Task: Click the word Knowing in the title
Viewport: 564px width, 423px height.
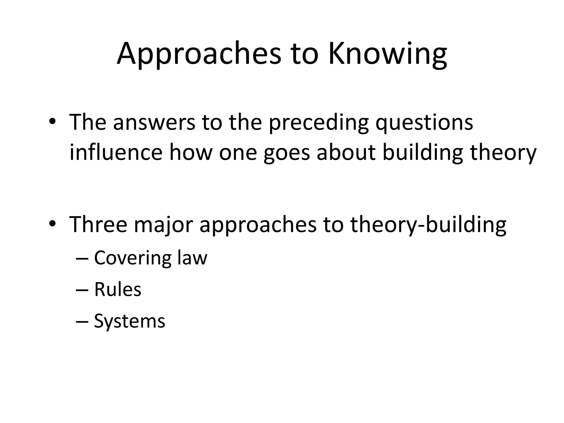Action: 388,54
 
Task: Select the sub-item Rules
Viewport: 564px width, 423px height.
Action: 118,289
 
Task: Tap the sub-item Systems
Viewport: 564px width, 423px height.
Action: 129,321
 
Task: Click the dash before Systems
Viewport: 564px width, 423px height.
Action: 82,321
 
